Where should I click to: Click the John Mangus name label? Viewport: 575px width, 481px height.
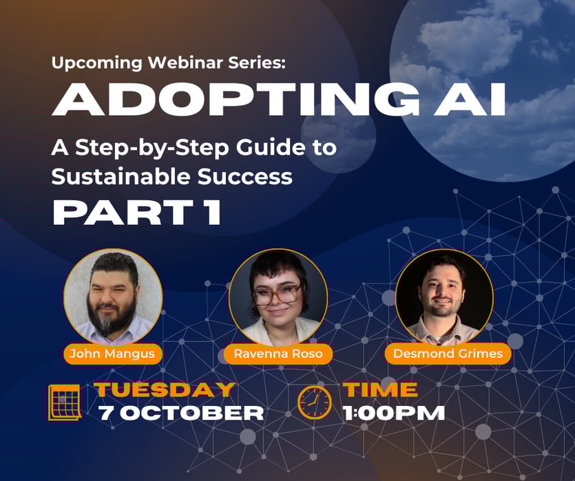[112, 354]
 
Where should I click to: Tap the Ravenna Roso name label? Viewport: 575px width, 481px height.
[278, 354]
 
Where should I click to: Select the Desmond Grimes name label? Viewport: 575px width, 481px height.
[448, 354]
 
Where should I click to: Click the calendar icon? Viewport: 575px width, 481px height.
[65, 403]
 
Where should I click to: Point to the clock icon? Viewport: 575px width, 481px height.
[314, 403]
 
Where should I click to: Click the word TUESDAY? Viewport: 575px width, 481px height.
[165, 389]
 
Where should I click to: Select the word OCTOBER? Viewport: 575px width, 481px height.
[192, 413]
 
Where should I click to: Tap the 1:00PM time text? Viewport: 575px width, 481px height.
[393, 413]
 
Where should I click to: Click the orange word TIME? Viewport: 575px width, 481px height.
[380, 389]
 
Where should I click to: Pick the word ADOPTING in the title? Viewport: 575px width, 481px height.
[236, 99]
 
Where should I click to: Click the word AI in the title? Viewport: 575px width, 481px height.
[470, 99]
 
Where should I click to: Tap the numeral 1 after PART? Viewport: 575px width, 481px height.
[213, 212]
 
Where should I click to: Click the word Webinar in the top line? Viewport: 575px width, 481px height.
[185, 63]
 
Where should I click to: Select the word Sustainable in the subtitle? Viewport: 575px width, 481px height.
[121, 177]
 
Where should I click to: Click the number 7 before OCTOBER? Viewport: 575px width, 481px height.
[105, 414]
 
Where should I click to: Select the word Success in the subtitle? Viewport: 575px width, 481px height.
[245, 177]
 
